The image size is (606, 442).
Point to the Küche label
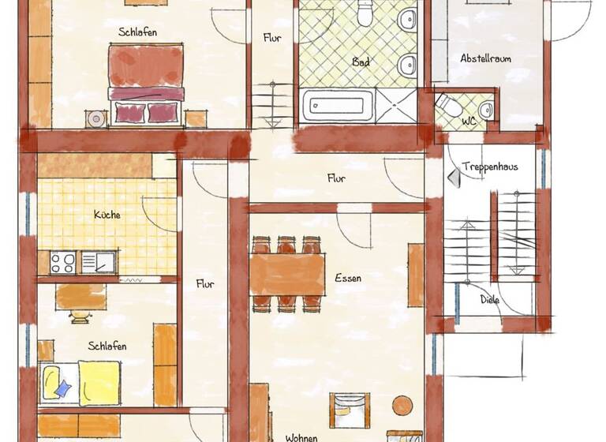click(107, 214)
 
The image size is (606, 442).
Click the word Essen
click(348, 278)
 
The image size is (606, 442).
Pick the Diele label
click(490, 300)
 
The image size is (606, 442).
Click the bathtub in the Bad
click(339, 104)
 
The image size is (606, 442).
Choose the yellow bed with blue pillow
click(80, 383)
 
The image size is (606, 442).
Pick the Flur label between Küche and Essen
click(204, 284)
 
